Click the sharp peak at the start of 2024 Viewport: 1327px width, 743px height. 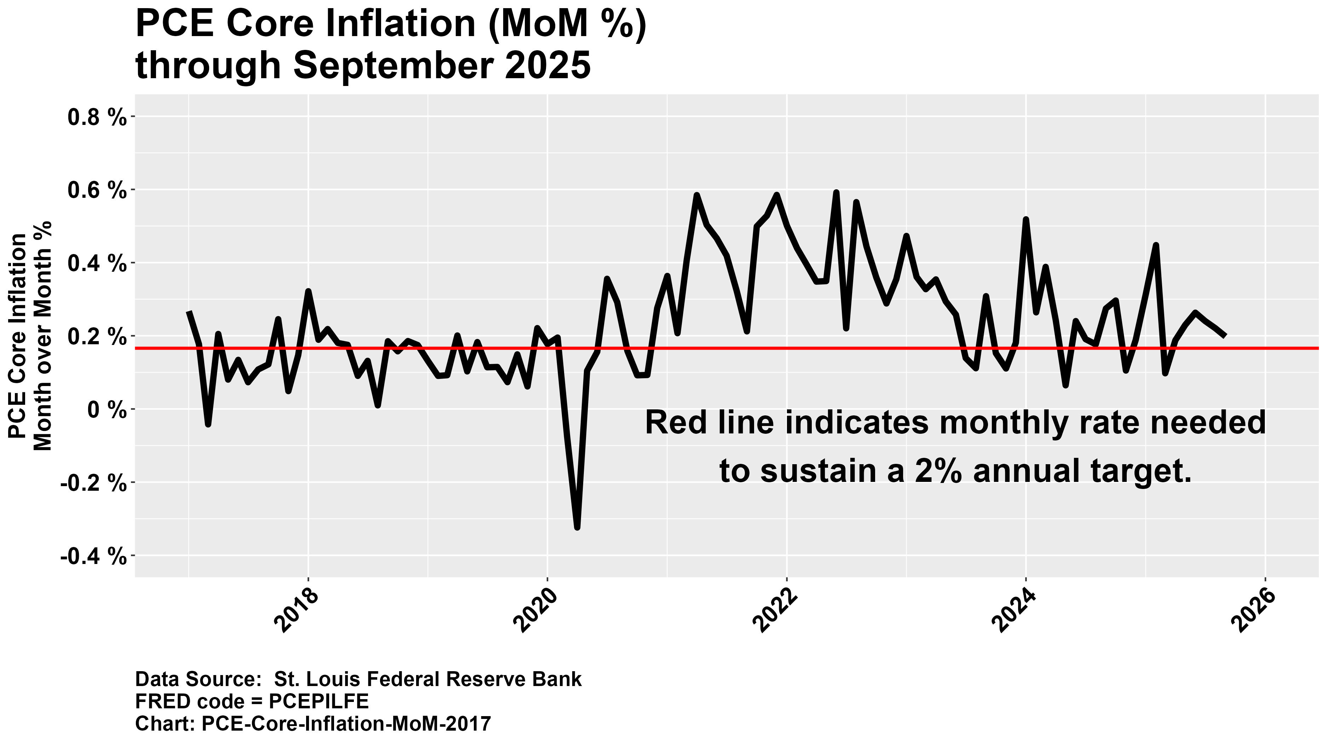[1026, 220]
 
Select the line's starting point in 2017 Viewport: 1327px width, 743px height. [189, 312]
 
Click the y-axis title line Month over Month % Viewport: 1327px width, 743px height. [42, 336]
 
